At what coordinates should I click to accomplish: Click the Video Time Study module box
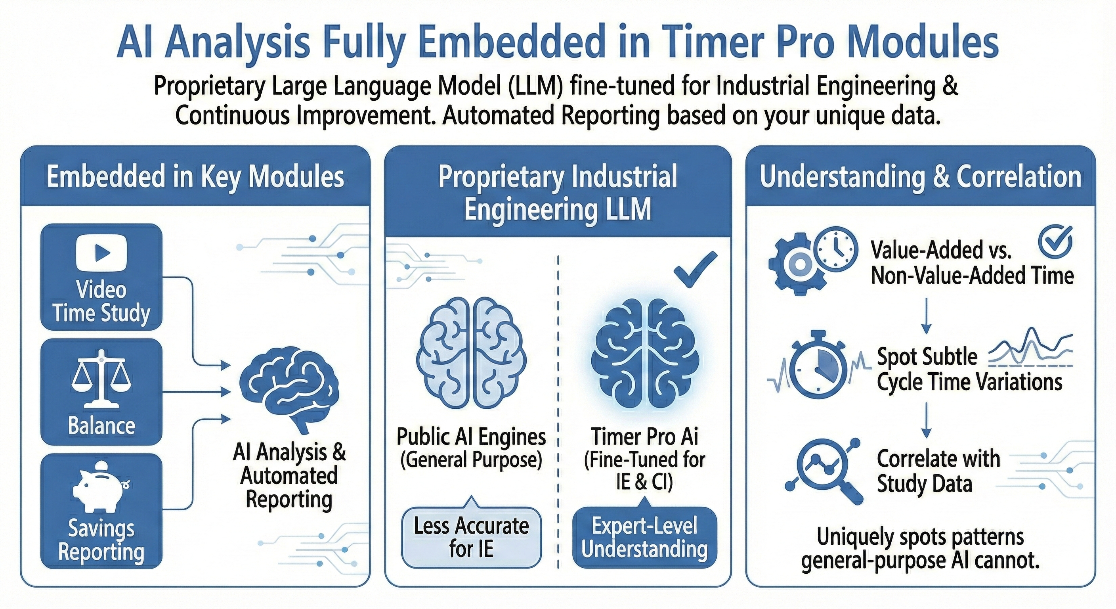point(101,277)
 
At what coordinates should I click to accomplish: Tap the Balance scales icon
point(101,379)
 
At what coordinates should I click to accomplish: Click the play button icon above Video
point(101,253)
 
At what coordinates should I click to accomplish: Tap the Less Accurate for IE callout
point(471,536)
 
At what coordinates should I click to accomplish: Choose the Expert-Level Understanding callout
point(645,536)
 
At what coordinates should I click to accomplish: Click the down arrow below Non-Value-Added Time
point(926,316)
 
